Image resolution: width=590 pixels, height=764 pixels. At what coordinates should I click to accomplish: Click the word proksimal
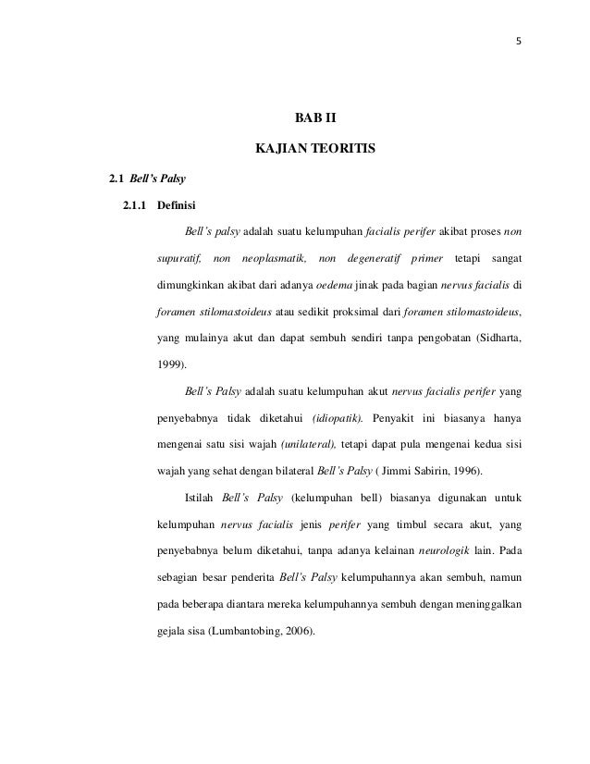(334, 312)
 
